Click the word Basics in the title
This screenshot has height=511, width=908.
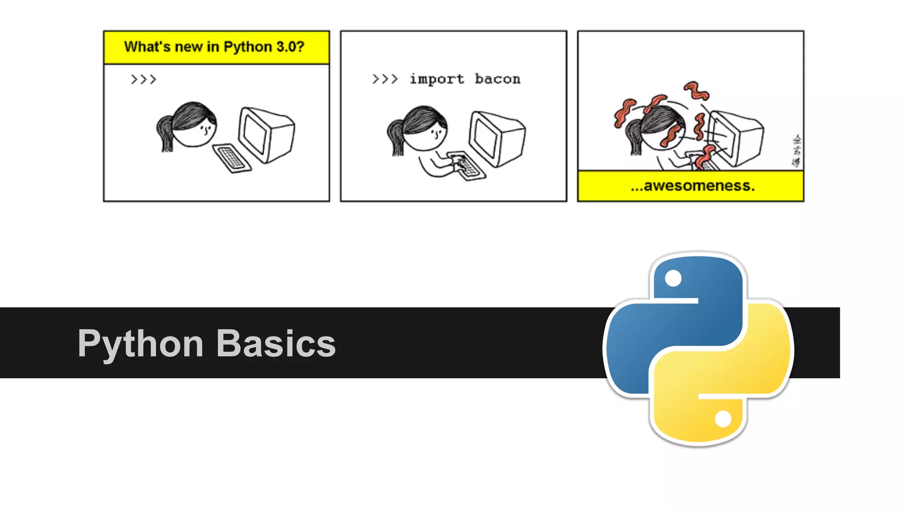pyautogui.click(x=276, y=343)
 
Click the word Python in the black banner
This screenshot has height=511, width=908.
pyautogui.click(x=141, y=344)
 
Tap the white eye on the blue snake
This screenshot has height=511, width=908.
pyautogui.click(x=673, y=279)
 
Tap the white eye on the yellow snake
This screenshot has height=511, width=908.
pyautogui.click(x=723, y=419)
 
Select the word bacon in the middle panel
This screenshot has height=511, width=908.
pyautogui.click(x=497, y=79)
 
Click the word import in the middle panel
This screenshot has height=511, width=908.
pyautogui.click(x=437, y=79)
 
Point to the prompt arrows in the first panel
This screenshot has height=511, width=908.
pyautogui.click(x=143, y=79)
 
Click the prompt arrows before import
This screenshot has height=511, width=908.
pyautogui.click(x=385, y=79)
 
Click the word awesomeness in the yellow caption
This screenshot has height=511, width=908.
pyautogui.click(x=699, y=185)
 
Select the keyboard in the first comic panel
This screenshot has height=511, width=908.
pyautogui.click(x=231, y=158)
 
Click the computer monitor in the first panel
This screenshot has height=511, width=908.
pyautogui.click(x=266, y=134)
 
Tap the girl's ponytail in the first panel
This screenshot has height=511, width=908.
pyautogui.click(x=164, y=133)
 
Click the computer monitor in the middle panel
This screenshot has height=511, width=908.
pyautogui.click(x=497, y=138)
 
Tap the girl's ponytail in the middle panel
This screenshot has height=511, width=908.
pyautogui.click(x=395, y=137)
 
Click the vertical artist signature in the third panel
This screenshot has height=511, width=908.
pyautogui.click(x=796, y=151)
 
